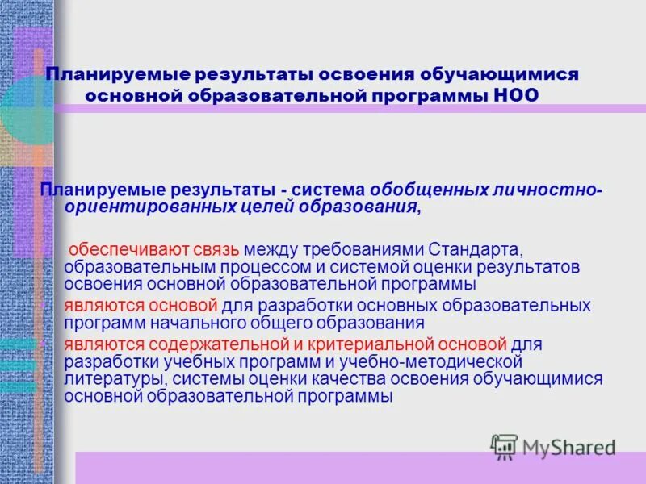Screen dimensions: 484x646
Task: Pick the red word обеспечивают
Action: [122, 248]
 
